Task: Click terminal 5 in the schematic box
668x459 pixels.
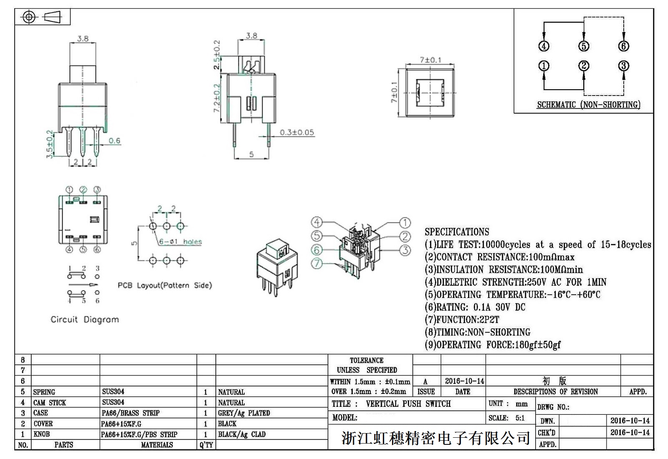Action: [584, 46]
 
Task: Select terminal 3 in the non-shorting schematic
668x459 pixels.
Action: [623, 66]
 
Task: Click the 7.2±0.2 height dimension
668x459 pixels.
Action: [217, 98]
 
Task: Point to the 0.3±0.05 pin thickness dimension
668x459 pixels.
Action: [296, 132]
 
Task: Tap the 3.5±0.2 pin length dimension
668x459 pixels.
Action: [50, 144]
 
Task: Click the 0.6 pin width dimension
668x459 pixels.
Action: [114, 141]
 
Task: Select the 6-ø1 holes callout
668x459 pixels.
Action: [180, 242]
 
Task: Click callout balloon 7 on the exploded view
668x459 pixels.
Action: [317, 263]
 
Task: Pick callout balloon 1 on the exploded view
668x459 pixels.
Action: [405, 223]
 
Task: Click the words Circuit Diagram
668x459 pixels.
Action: [85, 320]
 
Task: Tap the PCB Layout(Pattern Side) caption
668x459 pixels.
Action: [164, 285]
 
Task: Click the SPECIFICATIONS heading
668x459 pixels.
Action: [457, 232]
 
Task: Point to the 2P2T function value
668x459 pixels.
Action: [489, 320]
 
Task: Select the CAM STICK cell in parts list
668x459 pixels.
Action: [50, 403]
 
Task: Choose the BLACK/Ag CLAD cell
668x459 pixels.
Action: [242, 434]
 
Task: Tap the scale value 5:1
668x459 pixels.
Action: [520, 418]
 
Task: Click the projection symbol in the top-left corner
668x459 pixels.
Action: [42, 17]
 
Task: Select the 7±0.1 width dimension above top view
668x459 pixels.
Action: [430, 60]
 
